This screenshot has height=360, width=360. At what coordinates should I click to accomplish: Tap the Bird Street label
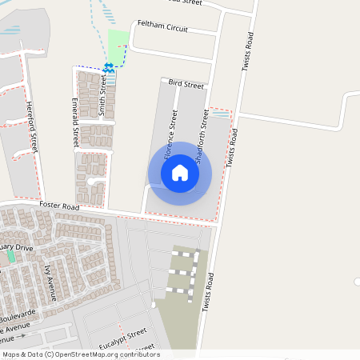tap(186, 82)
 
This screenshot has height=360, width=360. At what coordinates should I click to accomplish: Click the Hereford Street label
tap(32, 126)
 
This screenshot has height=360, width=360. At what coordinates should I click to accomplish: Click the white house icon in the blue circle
tap(180, 173)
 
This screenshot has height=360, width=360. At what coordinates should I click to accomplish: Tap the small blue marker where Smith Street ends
tap(109, 67)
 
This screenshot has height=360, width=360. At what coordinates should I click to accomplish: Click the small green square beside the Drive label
tap(11, 258)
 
